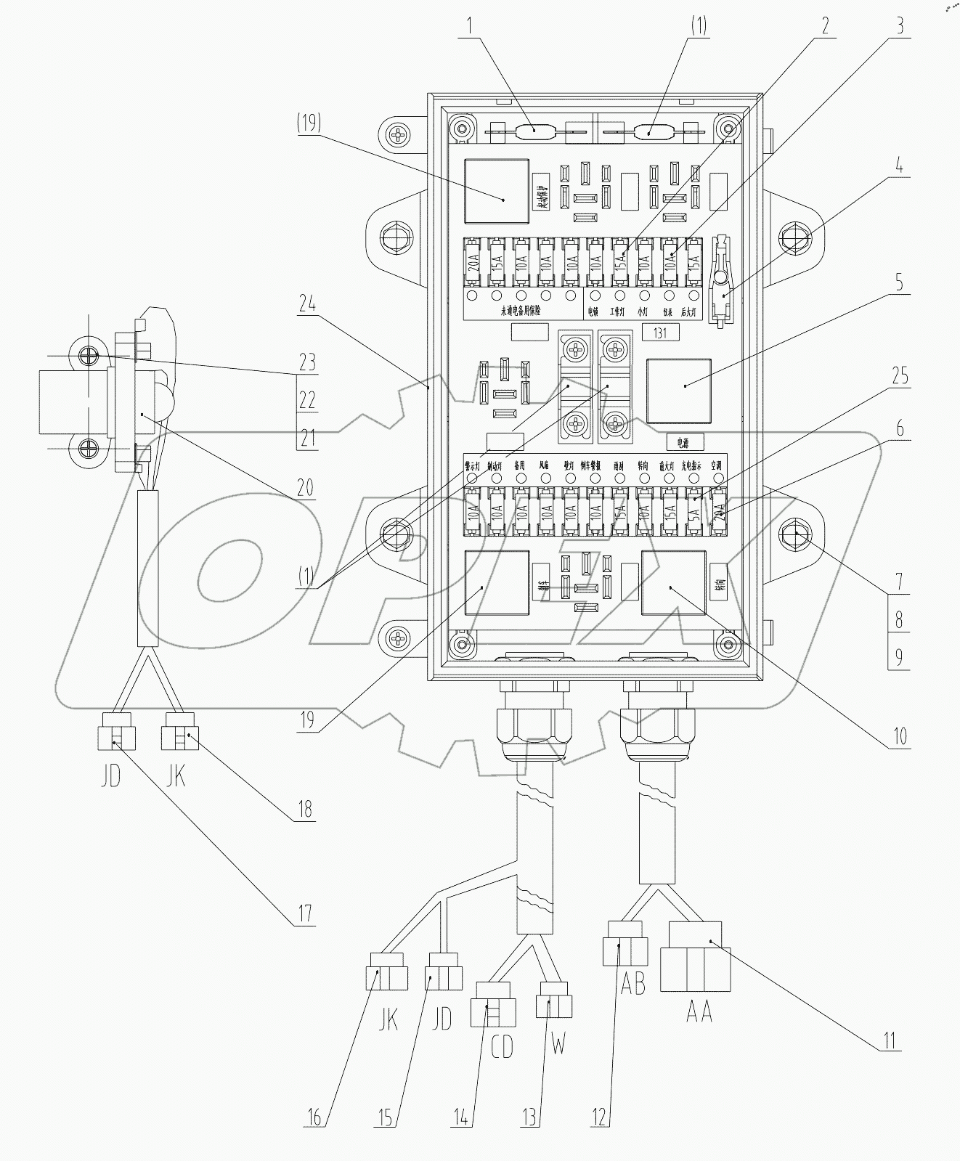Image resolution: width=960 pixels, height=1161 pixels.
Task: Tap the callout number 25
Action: click(x=900, y=376)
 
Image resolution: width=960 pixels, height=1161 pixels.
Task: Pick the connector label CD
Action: click(x=500, y=1046)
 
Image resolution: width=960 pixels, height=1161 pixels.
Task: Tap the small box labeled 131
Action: click(x=660, y=333)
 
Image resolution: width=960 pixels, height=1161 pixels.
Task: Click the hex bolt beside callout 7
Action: click(x=793, y=534)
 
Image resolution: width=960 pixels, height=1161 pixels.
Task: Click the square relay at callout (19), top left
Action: click(x=496, y=191)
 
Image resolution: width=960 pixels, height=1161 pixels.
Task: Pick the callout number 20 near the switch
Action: click(x=306, y=486)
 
